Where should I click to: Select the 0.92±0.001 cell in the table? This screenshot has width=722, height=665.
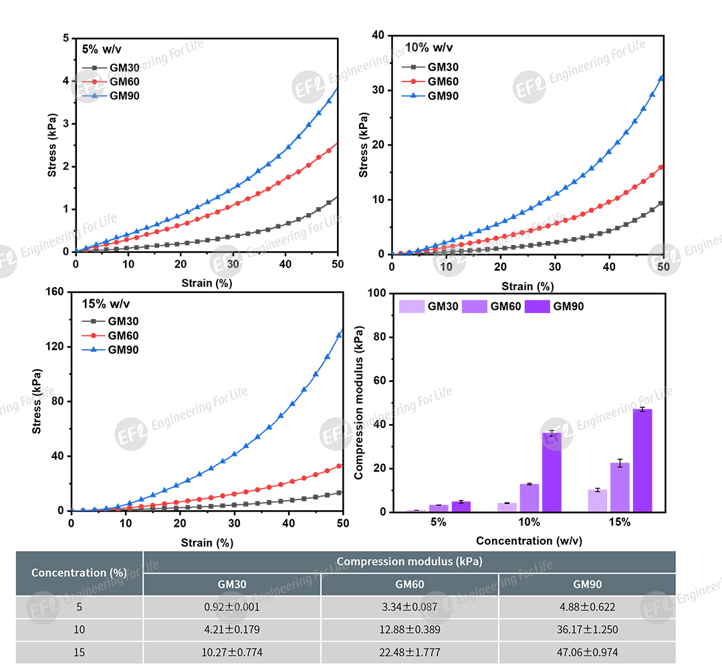tap(232, 608)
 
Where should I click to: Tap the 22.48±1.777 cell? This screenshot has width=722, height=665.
tap(409, 652)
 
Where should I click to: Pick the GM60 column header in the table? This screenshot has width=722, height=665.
tap(409, 584)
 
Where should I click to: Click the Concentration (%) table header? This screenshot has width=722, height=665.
tap(79, 573)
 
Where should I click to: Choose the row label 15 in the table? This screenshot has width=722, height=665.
tap(79, 652)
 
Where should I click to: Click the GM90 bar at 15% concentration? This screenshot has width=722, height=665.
tap(642, 461)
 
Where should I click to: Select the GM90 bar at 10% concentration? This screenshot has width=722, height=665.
tap(552, 473)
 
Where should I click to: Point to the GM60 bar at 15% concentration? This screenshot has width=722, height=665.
tap(620, 487)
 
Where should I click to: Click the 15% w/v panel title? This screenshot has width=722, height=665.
tap(102, 303)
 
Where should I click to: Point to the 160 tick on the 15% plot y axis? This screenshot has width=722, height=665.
tap(56, 292)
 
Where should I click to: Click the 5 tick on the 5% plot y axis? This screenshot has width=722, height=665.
tap(66, 38)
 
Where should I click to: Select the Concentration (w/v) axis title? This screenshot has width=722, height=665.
tap(529, 541)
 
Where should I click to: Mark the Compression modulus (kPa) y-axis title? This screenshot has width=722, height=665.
tap(359, 403)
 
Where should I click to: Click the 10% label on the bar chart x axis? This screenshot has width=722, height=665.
tap(529, 522)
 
